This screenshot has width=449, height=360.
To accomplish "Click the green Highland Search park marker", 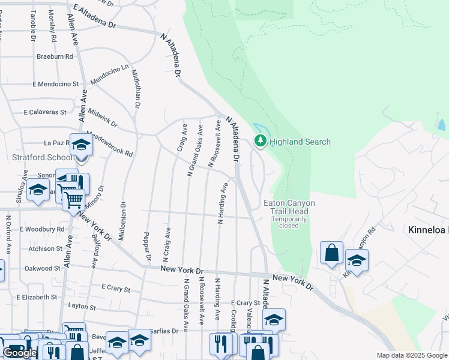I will [x=260, y=142].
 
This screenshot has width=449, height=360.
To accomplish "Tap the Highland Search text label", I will [x=300, y=142].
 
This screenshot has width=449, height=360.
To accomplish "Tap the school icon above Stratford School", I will [x=81, y=146].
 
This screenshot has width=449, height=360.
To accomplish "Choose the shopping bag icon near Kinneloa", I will [x=331, y=253].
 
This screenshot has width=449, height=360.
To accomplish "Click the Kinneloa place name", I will [x=428, y=230].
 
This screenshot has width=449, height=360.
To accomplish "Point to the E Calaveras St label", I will [x=45, y=112].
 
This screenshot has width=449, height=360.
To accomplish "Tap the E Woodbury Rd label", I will [x=41, y=229].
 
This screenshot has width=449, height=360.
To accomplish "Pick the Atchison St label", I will [x=41, y=248].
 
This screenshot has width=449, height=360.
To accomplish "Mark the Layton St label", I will [x=82, y=307].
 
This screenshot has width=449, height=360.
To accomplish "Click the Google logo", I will [x=19, y=353].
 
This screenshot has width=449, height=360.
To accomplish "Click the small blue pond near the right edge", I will [x=442, y=125].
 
